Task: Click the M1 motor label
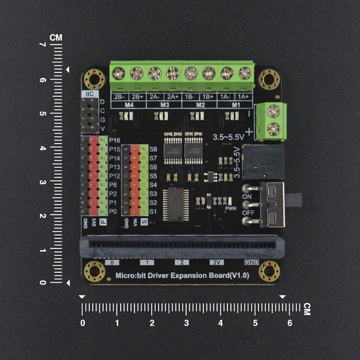236,105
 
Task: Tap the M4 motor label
128,105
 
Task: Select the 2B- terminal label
119,97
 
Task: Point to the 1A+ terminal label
244,97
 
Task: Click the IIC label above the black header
89,94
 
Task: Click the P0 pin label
113,212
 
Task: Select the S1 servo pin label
152,212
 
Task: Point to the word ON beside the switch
246,196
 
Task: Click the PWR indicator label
231,209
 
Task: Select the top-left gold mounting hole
94,79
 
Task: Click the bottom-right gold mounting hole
269,271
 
